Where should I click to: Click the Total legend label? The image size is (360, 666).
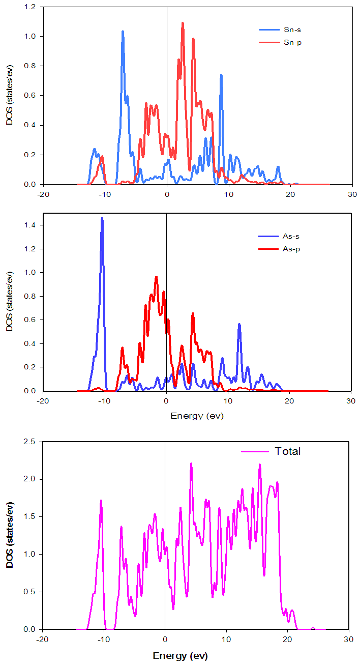click(x=288, y=451)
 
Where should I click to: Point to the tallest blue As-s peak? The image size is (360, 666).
click(x=102, y=219)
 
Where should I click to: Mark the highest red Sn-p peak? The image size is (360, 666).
click(x=183, y=23)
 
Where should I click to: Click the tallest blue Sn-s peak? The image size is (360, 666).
click(x=123, y=32)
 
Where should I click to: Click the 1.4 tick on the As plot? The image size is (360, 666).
click(x=36, y=225)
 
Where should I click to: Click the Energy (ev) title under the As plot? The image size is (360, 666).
click(x=197, y=416)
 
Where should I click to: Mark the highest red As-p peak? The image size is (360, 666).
click(x=157, y=277)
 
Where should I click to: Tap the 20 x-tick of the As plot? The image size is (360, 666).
click(x=289, y=400)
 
